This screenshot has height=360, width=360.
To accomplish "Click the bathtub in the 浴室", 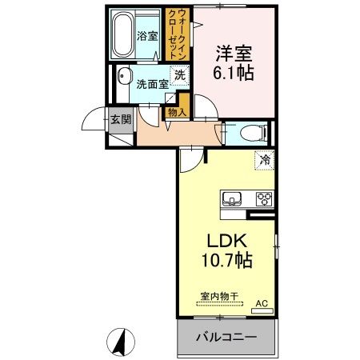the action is (x=122, y=34).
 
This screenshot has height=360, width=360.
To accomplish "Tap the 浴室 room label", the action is (x=147, y=36).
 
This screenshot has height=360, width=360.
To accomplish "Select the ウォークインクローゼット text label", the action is (x=178, y=34).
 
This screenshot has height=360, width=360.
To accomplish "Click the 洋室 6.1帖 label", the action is (x=234, y=63).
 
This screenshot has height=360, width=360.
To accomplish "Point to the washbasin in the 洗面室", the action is (x=124, y=75).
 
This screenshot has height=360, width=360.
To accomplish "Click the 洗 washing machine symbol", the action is (x=179, y=75).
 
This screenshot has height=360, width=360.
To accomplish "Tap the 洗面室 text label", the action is (x=152, y=85).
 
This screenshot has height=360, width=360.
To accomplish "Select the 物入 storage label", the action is (x=177, y=112).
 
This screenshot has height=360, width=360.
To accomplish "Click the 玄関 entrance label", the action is (x=121, y=119).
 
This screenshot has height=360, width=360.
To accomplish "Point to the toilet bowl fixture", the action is (x=254, y=132).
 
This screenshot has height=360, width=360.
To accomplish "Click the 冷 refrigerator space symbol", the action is (x=265, y=160).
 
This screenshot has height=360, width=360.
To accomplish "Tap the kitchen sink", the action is (x=231, y=198).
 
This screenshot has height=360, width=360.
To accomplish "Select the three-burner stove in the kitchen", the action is (x=264, y=198).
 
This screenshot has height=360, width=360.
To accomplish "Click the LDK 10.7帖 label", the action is (x=227, y=251).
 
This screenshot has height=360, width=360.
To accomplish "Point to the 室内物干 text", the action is (x=219, y=296).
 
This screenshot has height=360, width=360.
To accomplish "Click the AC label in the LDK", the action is (x=262, y=303).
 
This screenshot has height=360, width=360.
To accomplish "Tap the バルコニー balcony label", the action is (x=226, y=338).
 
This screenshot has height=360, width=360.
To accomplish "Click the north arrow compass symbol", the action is (x=121, y=342).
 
